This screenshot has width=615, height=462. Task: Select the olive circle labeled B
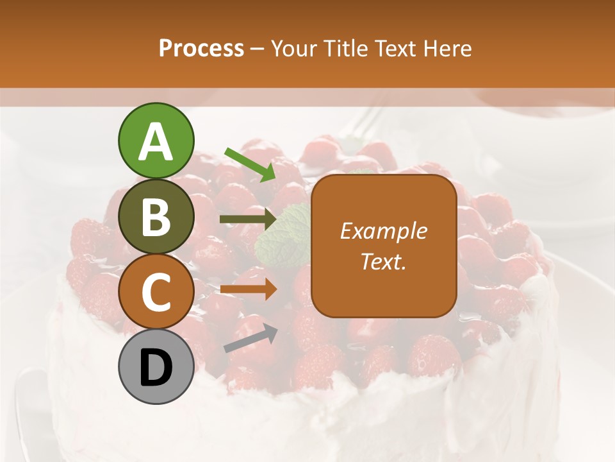click(x=156, y=216)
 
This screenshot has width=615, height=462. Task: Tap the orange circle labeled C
click(x=156, y=292)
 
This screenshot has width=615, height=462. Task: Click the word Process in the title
click(x=201, y=49)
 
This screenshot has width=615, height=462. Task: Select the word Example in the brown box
click(x=383, y=231)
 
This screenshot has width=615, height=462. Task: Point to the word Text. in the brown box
click(x=383, y=261)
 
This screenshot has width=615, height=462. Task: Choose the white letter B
click(x=156, y=217)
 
